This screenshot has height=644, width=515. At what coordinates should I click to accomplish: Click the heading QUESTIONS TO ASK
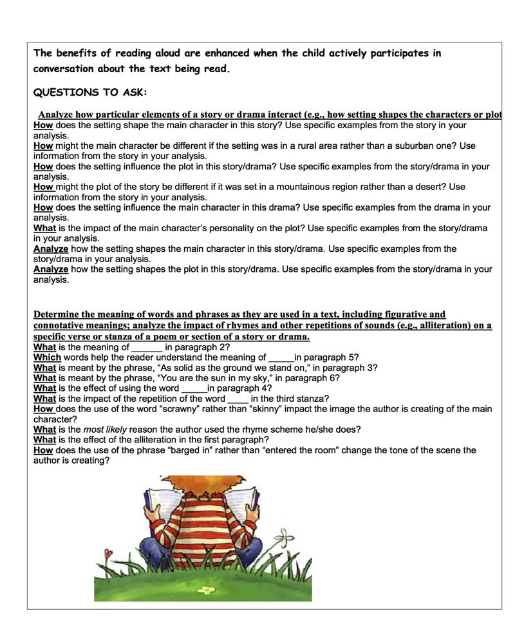[x=90, y=92]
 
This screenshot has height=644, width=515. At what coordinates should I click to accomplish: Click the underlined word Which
[x=47, y=357]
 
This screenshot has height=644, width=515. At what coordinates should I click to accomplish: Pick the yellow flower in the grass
[x=205, y=589]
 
